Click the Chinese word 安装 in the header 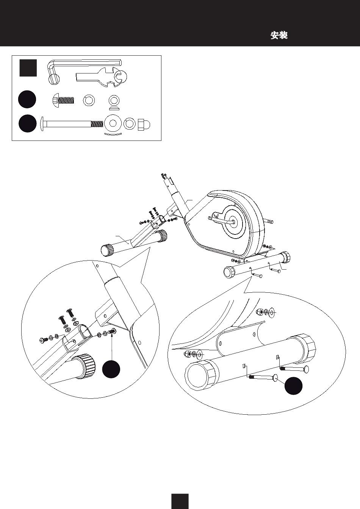pos(279,36)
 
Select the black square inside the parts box pos(28,68)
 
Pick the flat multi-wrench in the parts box pos(101,77)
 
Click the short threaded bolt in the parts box pos(63,100)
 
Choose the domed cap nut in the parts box pos(144,125)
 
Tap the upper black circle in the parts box pos(27,99)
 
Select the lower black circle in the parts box pos(28,123)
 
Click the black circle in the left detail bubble pos(111,369)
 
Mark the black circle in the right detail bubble pos(293,386)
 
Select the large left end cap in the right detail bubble pos(200,375)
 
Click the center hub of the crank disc pos(233,221)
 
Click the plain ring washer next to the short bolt pos(89,100)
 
